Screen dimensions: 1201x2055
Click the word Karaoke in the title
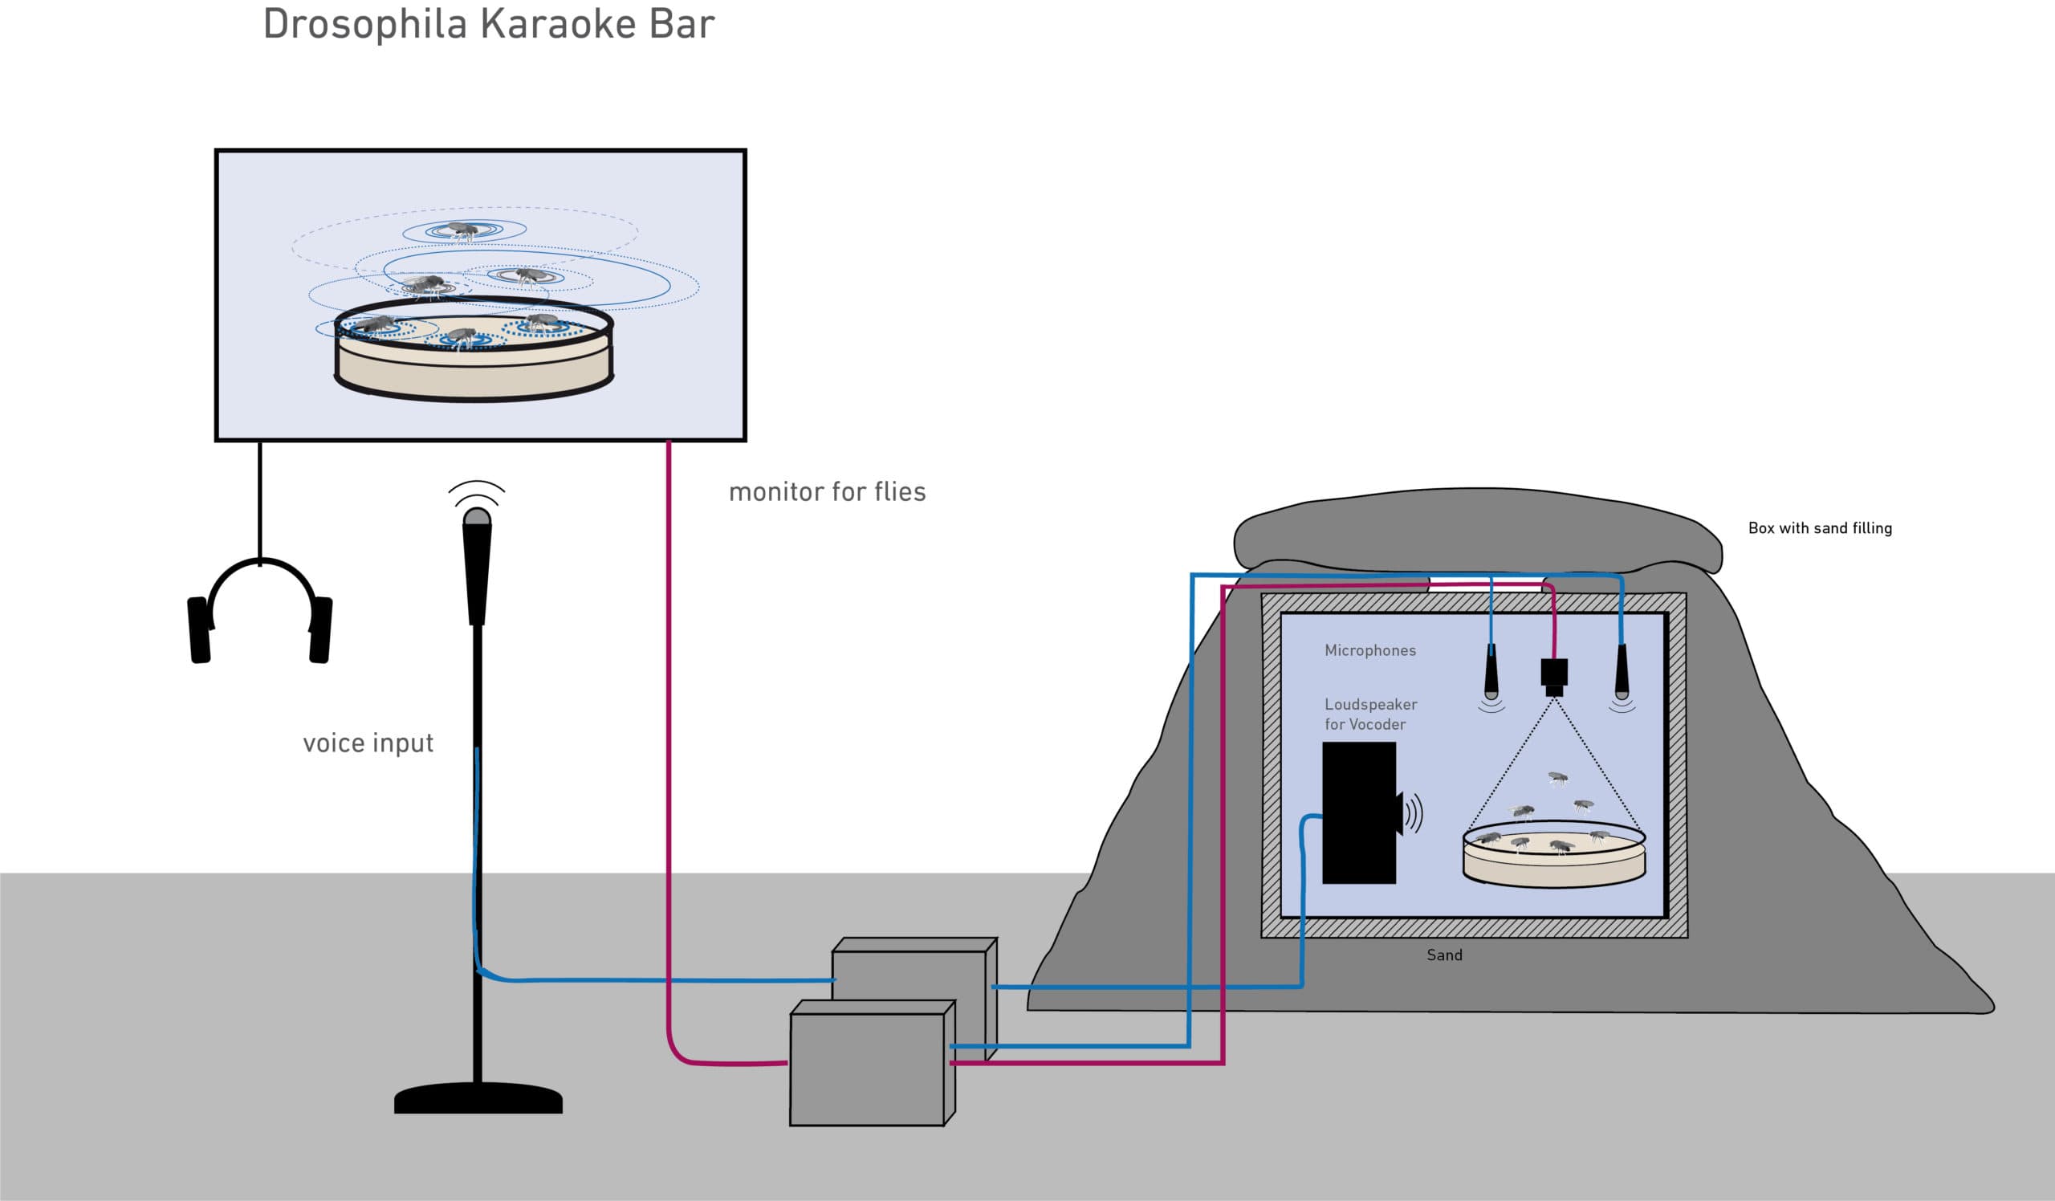559,24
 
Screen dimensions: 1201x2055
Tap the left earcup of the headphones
199,629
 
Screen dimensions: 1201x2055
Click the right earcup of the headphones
320,629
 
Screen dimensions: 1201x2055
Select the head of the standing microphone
477,563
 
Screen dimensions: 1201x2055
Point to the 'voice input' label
368,743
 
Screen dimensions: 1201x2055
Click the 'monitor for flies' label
827,491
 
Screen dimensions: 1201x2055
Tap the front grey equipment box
867,1069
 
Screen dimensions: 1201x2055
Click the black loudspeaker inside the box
1358,813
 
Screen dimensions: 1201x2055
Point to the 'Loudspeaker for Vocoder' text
1370,714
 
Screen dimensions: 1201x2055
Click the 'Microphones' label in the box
1370,649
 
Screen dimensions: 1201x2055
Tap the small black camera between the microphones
1553,674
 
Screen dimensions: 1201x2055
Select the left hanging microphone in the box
1491,673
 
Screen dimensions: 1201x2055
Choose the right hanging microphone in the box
1622,673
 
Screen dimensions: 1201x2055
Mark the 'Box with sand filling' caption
1819,527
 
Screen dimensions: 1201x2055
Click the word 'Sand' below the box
1444,955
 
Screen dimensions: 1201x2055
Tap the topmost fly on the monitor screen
463,230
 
